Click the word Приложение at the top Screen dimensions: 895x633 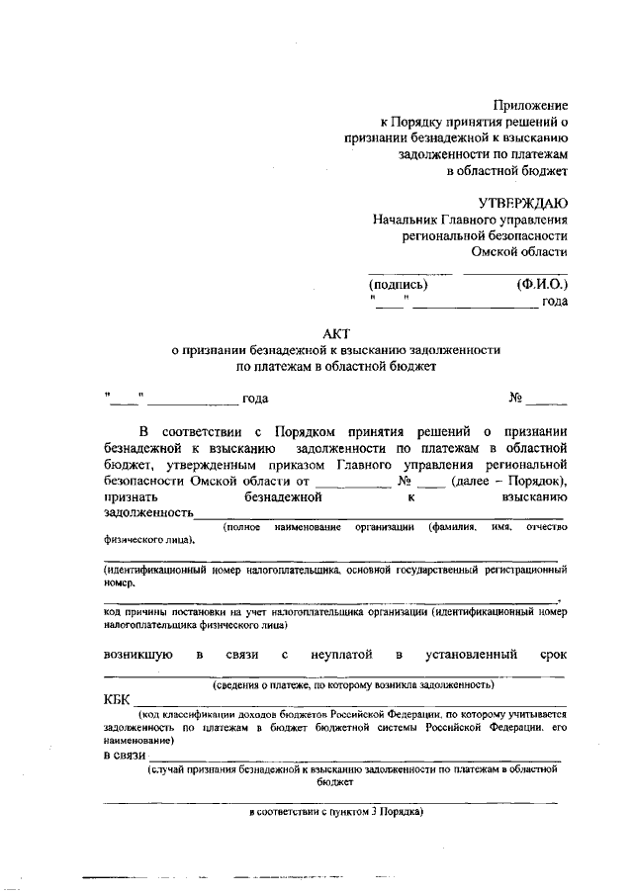530,106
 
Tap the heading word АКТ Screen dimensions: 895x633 336,333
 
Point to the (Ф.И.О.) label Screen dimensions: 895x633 542,285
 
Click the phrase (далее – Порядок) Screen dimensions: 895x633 508,481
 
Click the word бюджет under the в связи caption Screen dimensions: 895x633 335,781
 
